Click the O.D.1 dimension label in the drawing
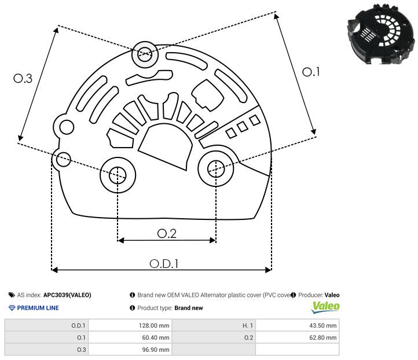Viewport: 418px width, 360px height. (164, 263)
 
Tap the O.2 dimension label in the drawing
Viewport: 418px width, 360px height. (167, 233)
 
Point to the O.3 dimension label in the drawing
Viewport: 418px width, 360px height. (23, 78)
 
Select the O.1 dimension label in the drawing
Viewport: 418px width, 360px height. (311, 72)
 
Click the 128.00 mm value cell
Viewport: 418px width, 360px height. (130, 325)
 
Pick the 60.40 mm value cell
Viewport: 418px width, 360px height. (130, 337)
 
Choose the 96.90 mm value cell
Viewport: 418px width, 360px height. (130, 350)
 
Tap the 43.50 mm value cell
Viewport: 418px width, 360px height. (297, 325)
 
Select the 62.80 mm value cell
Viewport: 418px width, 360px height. (297, 337)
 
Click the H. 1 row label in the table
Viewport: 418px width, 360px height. (248, 325)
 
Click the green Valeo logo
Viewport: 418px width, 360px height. (325, 307)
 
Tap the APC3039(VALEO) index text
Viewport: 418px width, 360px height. (67, 295)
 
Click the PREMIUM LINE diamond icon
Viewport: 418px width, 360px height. (12, 308)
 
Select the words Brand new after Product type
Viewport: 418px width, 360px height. (189, 308)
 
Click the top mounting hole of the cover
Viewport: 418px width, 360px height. (145, 54)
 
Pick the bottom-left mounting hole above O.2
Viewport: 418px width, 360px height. (118, 175)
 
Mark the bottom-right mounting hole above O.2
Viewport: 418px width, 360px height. (216, 168)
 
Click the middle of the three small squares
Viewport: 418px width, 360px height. (243, 127)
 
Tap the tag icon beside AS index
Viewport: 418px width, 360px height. (12, 295)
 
